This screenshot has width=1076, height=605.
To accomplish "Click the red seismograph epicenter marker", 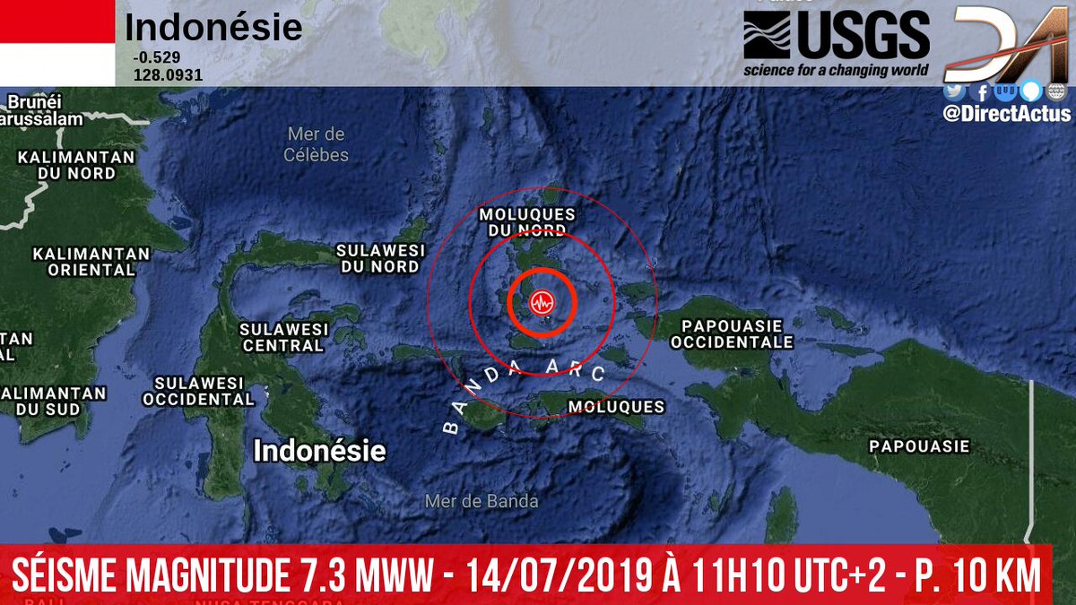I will click(542, 303).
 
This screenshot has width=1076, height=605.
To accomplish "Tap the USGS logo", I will click(836, 42).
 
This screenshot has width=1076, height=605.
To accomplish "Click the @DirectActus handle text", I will click(1006, 114).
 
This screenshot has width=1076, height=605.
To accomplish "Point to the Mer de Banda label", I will click(482, 501).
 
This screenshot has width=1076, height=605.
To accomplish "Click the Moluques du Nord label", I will click(527, 222).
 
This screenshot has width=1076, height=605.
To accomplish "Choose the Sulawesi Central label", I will click(283, 337).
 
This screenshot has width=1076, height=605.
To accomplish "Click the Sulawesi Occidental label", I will click(199, 391).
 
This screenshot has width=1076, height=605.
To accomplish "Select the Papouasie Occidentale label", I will click(732, 333).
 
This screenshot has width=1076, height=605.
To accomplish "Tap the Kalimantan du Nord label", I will click(76, 165).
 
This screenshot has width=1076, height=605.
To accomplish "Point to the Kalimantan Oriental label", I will click(84, 261).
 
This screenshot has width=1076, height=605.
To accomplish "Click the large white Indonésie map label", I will click(319, 450).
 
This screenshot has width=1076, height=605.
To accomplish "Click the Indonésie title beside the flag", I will click(213, 29).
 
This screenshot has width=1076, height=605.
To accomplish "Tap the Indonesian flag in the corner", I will click(57, 42).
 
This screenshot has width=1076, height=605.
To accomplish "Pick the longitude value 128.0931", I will click(168, 75).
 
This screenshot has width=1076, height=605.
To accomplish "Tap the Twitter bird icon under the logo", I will click(953, 91).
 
